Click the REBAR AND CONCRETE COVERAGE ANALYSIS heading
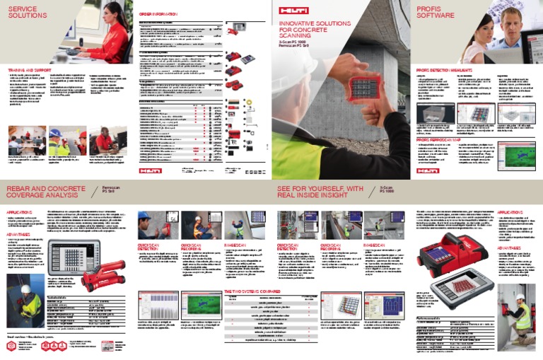[x=43, y=192]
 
